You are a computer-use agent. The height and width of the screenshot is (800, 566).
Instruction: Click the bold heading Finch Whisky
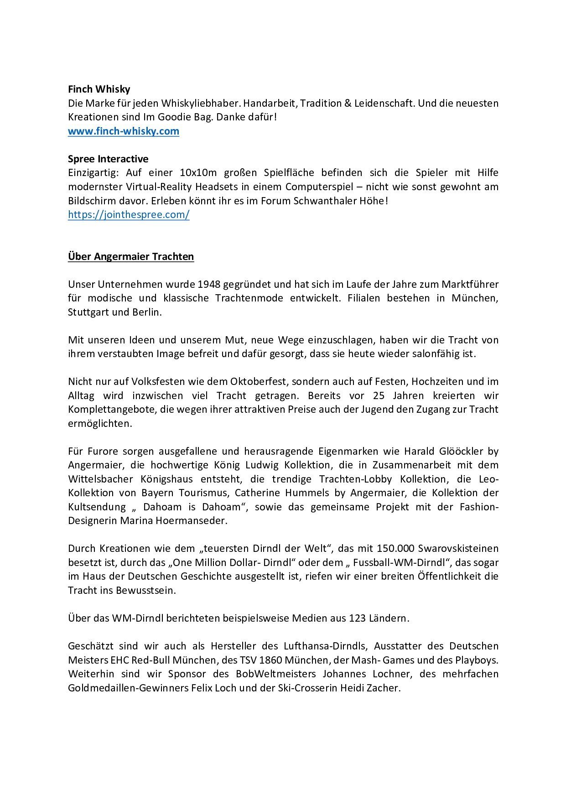[99, 89]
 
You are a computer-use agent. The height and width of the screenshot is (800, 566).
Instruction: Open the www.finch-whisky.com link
[124, 131]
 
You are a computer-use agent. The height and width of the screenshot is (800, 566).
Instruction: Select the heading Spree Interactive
[108, 159]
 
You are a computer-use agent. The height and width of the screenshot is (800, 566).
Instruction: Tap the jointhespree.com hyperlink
[129, 215]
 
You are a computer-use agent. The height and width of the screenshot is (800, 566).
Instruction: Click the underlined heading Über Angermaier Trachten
[131, 257]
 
